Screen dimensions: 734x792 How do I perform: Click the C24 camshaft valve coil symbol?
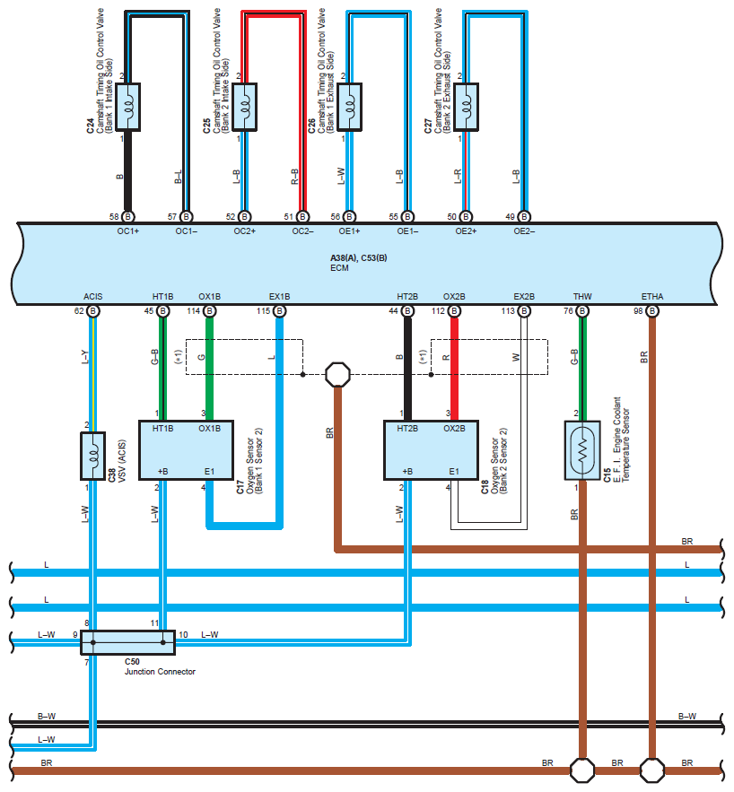pos(127,107)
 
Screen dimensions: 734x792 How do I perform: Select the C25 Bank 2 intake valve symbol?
pos(244,107)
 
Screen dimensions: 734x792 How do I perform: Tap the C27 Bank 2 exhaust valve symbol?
pos(466,107)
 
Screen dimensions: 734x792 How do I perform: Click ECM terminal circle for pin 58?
pos(127,217)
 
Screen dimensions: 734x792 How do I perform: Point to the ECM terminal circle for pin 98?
pos(652,310)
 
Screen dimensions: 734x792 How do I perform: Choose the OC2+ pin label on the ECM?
pos(244,231)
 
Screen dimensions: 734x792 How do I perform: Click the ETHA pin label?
pos(652,297)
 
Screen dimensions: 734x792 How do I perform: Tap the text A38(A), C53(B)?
pos(359,258)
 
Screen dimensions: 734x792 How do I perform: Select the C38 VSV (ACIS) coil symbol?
pos(93,456)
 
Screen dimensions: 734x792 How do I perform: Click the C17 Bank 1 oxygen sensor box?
pos(186,450)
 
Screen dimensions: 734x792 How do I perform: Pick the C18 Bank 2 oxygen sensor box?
pos(431,450)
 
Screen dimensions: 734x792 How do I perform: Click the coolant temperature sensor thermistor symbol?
pos(582,450)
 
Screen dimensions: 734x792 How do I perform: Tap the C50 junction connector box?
pos(127,642)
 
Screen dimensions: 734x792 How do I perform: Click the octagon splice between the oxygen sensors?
pos(338,375)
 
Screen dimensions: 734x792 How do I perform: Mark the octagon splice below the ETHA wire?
pos(652,770)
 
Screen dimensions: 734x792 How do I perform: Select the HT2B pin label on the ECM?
pos(407,297)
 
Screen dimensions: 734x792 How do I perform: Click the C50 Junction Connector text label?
pos(160,666)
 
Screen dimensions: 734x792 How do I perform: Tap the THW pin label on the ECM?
pos(582,297)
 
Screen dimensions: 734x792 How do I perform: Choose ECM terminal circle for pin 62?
pos(93,310)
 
